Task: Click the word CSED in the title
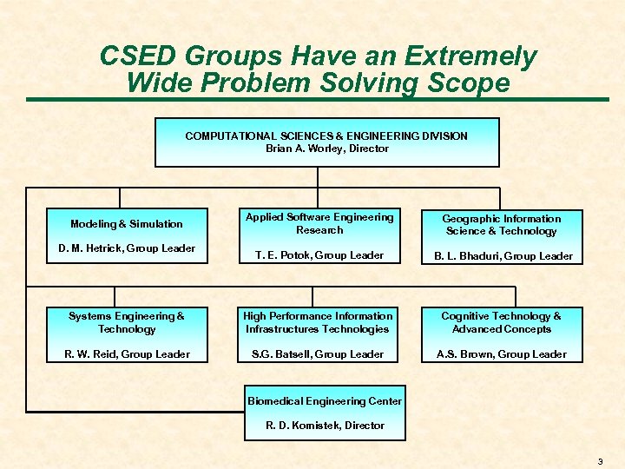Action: [132, 57]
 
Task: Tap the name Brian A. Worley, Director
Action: [326, 149]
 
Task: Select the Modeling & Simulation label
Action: [127, 224]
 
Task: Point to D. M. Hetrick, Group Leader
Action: [127, 248]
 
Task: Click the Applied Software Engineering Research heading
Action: [319, 223]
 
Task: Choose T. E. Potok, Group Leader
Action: [319, 255]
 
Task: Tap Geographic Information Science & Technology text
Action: [501, 225]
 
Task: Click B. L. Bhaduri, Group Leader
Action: [501, 256]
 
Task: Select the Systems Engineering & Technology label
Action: [127, 322]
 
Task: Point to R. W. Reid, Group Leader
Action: [127, 354]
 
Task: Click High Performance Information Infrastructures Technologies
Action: [318, 322]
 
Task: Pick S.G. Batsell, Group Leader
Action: [318, 354]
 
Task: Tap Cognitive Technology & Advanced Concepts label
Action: [501, 322]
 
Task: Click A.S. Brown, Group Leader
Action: [501, 354]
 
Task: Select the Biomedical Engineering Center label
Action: [325, 401]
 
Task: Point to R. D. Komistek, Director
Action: [325, 426]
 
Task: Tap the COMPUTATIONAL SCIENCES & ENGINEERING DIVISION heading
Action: [326, 136]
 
